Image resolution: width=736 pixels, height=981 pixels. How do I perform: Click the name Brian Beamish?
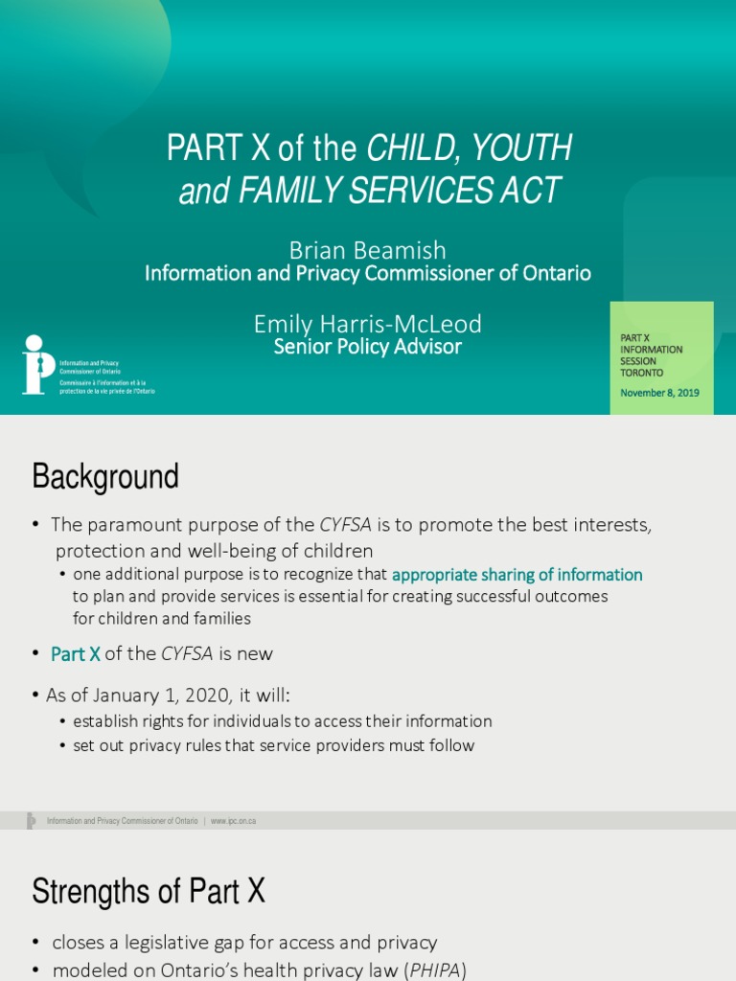coord(367,250)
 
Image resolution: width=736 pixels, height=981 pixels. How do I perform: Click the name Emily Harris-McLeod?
coord(367,325)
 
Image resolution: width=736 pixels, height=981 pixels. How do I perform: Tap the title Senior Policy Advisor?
coord(367,347)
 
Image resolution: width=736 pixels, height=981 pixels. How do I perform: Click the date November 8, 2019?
coord(659,393)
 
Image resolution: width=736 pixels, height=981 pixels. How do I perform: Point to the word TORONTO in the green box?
coord(641,373)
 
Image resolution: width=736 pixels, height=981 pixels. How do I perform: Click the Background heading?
coord(105,476)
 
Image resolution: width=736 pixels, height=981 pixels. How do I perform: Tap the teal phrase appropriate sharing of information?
coord(517,575)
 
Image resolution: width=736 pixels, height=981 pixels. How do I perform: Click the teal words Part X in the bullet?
coord(76,654)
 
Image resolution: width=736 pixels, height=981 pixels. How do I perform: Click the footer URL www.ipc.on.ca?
coord(233,821)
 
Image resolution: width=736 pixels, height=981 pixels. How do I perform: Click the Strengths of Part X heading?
coord(149,892)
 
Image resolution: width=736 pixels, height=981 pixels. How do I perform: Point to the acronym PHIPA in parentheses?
coord(433,970)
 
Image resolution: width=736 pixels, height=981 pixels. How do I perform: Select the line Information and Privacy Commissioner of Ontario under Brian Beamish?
coord(367,274)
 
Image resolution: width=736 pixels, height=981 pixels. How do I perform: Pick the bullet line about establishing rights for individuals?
coord(282,721)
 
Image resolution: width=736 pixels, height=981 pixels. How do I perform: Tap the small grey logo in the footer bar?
coord(32,821)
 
